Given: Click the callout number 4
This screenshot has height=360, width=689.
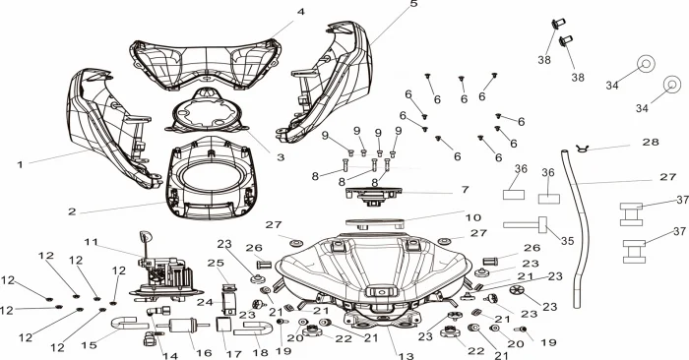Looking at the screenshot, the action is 300,12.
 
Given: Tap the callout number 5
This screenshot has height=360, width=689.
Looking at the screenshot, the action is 413,4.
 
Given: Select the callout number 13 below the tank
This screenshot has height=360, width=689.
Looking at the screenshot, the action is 406,356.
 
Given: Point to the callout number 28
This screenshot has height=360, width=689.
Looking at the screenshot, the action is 651,142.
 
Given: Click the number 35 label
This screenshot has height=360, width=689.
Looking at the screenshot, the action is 567,241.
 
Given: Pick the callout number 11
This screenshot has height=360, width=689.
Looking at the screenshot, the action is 92,242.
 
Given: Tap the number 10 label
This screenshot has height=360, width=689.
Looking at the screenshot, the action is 473,217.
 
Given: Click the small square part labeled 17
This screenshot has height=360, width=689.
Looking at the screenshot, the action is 223,325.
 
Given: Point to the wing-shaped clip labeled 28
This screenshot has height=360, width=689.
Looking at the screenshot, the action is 583,149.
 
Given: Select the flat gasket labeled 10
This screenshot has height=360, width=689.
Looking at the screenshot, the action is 374,223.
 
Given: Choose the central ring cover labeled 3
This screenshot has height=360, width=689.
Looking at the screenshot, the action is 205,113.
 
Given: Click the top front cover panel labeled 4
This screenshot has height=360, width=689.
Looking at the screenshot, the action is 205,65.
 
